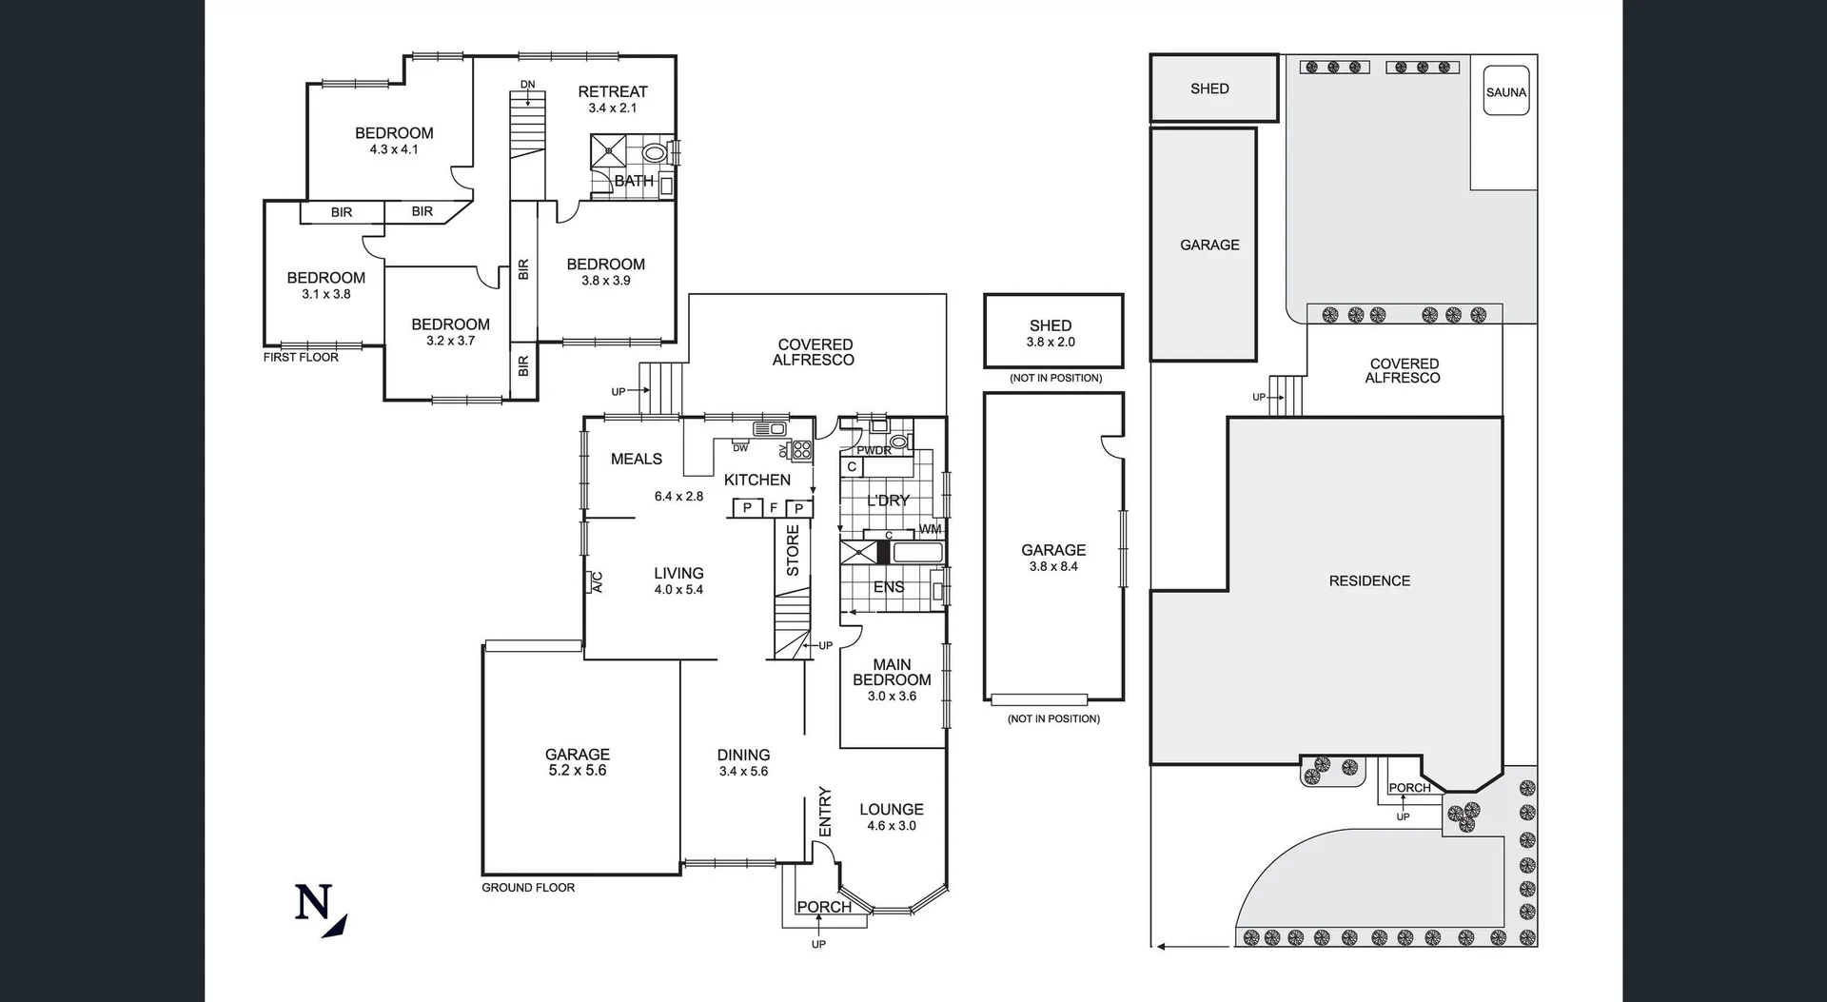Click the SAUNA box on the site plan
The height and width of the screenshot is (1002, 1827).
[x=1505, y=91]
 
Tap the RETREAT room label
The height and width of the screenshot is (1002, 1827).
[x=612, y=91]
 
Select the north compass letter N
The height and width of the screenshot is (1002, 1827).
[x=313, y=902]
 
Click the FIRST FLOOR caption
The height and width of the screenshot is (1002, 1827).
[x=301, y=357]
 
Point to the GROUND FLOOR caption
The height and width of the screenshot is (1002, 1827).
[x=528, y=887]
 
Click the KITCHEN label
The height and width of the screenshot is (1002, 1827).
[x=756, y=480]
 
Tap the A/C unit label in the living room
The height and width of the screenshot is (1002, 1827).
[x=598, y=581]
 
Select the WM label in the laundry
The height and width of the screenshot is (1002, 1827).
[x=930, y=529]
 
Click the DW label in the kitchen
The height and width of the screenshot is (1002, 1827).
[x=739, y=447]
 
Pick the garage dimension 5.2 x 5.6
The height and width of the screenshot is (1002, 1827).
[x=577, y=770]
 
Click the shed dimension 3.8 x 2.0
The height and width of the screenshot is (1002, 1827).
[x=1050, y=342]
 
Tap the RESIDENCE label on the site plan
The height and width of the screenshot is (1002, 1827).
[x=1369, y=580]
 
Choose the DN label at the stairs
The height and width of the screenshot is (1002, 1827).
[x=527, y=85]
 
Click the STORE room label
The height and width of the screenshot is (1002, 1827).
[x=793, y=550]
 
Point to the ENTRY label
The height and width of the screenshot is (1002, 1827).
[x=824, y=812]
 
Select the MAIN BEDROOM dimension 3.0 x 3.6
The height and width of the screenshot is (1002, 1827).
[x=892, y=696]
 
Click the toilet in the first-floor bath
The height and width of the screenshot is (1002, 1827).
[x=654, y=152]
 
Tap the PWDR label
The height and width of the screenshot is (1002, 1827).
[x=874, y=450]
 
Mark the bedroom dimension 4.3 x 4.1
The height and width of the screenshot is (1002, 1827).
[x=394, y=149]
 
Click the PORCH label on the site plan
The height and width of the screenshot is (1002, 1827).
[x=1409, y=788]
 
